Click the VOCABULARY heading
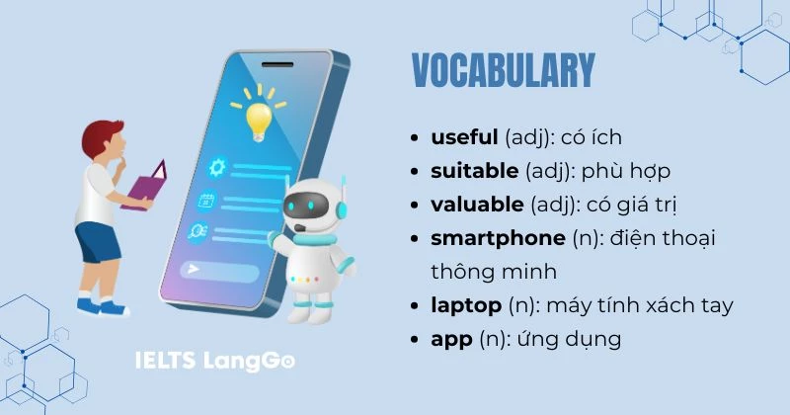pos(503,70)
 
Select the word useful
pos(464,137)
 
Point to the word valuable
pos(477,205)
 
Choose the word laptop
pos(466,305)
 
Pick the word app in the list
pos(450,339)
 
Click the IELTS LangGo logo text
pos(215,361)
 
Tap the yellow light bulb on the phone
pos(259,117)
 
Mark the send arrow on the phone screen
pos(194,269)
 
